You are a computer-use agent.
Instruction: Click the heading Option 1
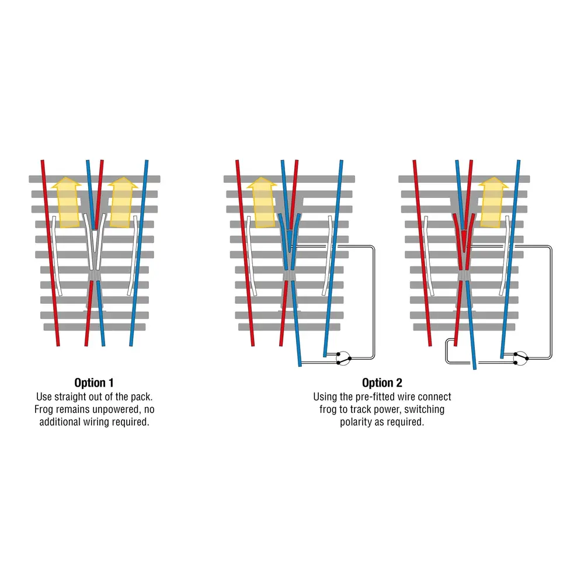94,383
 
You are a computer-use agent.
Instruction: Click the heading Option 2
382,383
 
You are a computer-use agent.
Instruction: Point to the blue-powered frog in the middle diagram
290,239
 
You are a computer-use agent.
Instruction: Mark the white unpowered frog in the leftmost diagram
95,245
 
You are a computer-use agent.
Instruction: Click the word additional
61,422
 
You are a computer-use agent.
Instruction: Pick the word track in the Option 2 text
364,409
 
